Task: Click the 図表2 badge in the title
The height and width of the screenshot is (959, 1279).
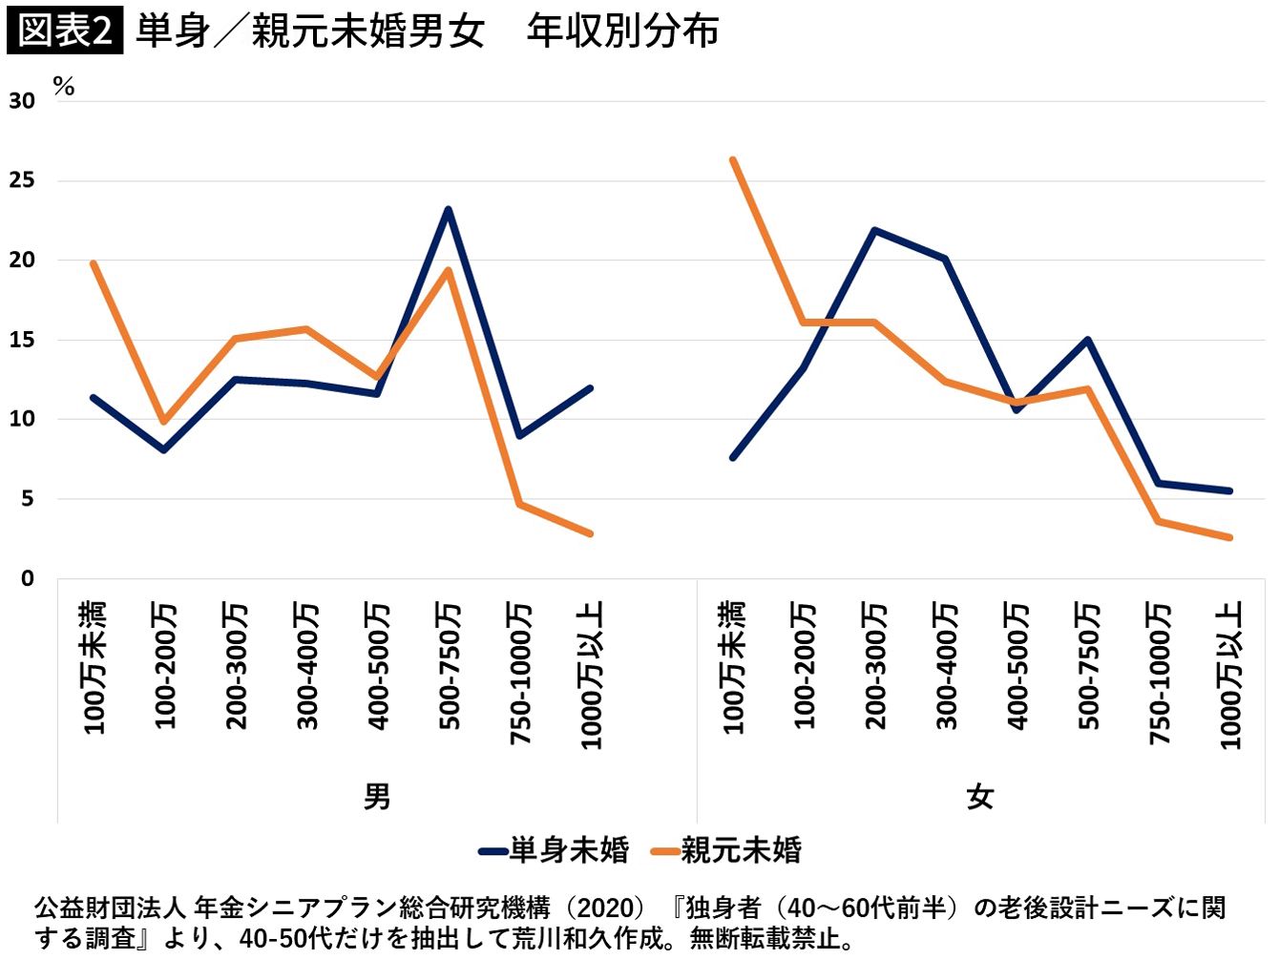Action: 65,30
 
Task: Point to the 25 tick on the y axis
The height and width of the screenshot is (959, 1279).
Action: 22,180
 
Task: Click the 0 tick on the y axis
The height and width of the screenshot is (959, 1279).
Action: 28,578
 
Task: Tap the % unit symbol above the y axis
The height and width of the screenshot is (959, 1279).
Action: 64,88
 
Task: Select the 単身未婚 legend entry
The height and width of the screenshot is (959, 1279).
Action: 554,851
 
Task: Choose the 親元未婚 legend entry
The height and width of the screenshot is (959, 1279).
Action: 726,851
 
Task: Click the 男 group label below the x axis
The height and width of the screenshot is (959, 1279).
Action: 377,797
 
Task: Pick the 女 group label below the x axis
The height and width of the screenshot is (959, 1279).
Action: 980,797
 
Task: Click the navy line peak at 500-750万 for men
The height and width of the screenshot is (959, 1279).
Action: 448,209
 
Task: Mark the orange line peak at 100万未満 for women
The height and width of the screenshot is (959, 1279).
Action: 733,159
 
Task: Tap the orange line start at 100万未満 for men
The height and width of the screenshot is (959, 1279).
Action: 94,263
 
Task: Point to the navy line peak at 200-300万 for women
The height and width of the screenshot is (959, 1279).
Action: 874,230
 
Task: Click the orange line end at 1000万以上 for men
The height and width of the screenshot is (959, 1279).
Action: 590,533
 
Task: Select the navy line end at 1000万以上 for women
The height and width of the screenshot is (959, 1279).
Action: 1228,490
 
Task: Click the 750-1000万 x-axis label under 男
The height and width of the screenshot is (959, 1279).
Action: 520,674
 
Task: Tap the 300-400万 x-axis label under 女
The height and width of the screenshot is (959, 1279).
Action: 946,666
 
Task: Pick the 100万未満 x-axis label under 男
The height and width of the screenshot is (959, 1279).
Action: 94,668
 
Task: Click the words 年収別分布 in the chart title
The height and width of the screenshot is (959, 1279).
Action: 622,31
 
